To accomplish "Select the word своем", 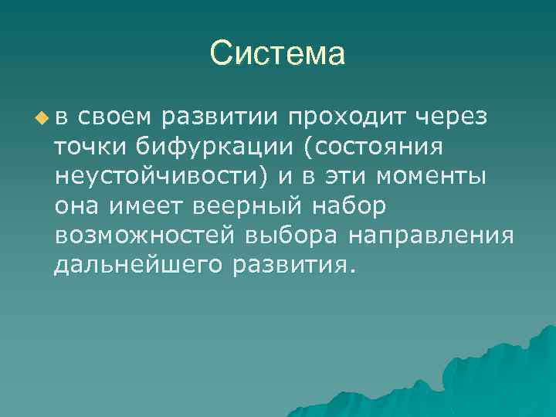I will pos(116,117).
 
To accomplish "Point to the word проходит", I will pos(347,117).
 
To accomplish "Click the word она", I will pos(74,205).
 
